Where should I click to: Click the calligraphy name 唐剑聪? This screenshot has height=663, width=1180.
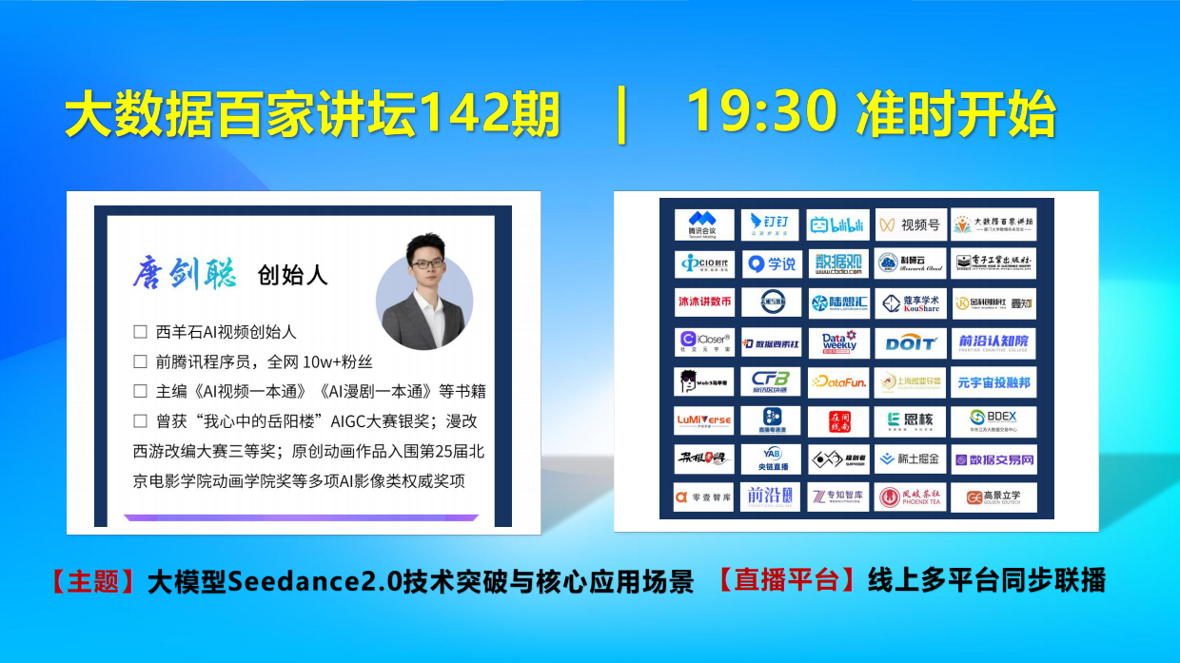click(x=187, y=273)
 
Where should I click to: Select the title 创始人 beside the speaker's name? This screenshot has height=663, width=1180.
click(x=292, y=275)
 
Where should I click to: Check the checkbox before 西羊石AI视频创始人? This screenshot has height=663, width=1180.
click(x=140, y=332)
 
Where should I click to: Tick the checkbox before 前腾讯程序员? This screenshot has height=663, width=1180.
click(x=140, y=361)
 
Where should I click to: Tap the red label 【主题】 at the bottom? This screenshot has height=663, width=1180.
click(x=94, y=582)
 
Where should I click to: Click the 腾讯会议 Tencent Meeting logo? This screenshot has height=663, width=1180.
click(x=704, y=225)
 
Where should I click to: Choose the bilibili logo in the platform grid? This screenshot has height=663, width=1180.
click(x=837, y=225)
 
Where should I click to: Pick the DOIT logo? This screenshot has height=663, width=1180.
click(x=911, y=342)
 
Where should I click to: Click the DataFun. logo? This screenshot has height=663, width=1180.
click(x=837, y=381)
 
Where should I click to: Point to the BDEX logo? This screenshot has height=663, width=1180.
click(x=993, y=419)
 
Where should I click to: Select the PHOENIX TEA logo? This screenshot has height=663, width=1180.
click(x=911, y=497)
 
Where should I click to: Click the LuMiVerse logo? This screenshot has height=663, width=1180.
click(x=704, y=419)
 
